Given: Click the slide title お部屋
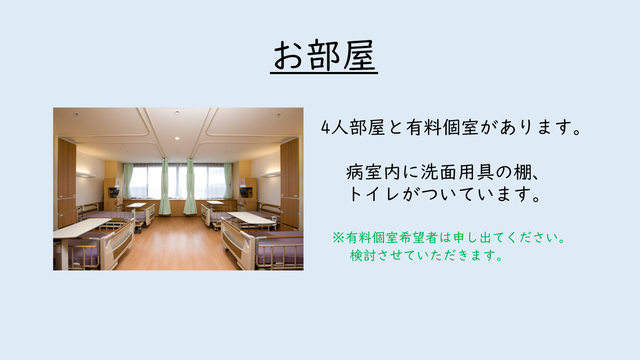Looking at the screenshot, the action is coord(324,56).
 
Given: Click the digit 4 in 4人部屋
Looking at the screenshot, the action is coord(326,128).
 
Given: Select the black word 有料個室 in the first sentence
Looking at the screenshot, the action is coord(442,128).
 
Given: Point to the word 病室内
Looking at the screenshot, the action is coord(373,172).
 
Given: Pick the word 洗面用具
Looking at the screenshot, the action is coord(458,172).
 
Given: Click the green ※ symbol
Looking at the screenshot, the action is coord(338,238).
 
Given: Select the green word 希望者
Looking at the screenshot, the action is coord(418,238).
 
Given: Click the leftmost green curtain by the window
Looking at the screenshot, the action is coord(128,181).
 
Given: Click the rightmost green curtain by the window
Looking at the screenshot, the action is coord(228,181).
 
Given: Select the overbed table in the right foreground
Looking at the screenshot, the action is coord(252,218).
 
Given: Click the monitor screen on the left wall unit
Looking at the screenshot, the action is coord(116,192).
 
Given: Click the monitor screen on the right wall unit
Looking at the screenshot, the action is coord(244,192).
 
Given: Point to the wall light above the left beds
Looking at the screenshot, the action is coord(86,174).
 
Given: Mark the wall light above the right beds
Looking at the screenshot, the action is coord(270,174).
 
